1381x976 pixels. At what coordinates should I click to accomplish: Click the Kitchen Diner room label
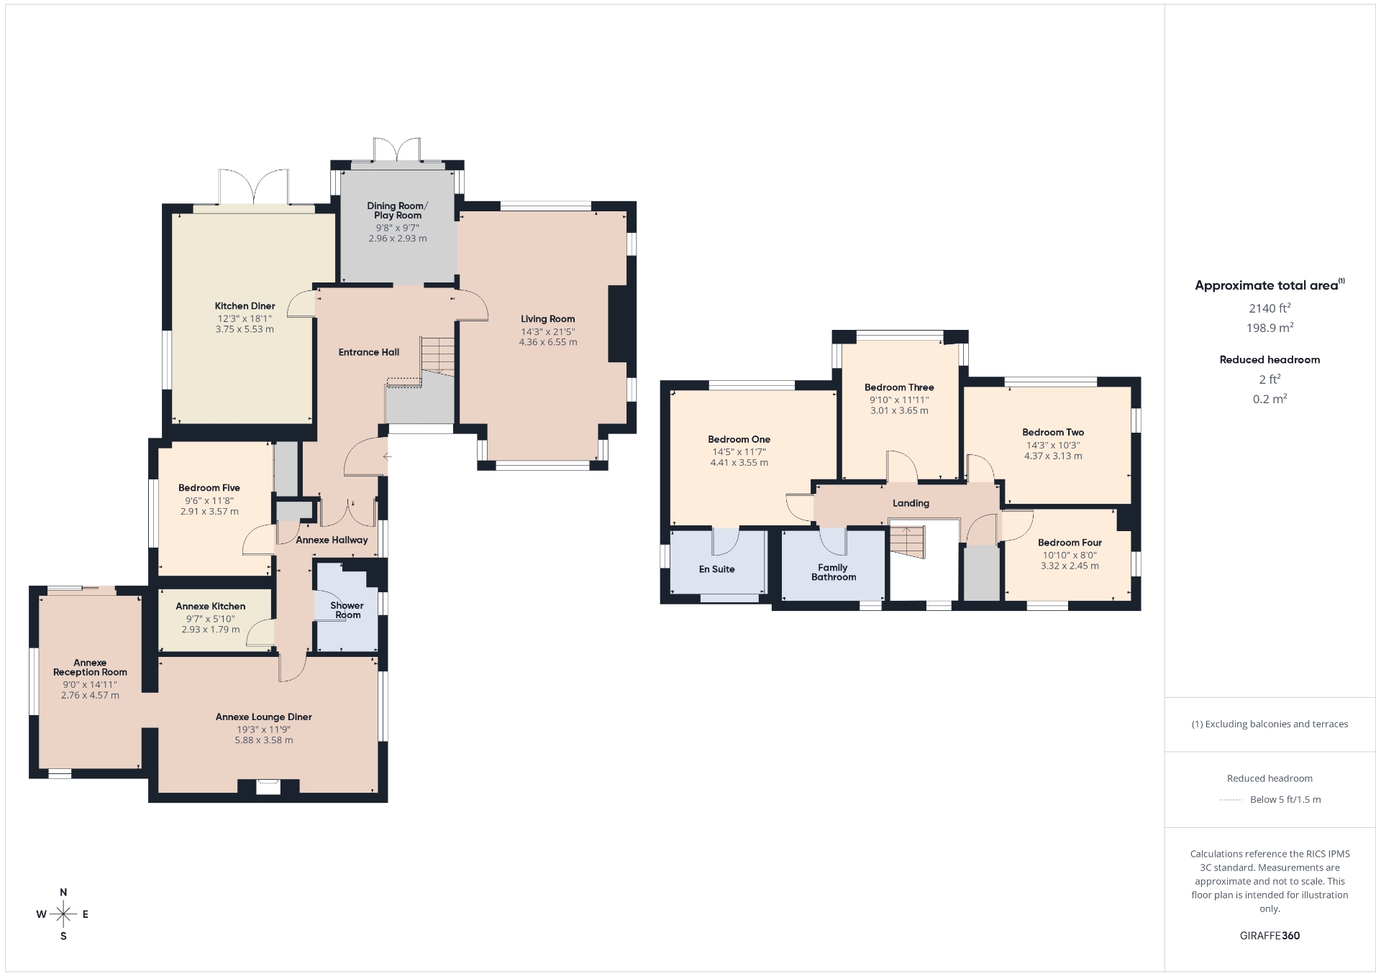[x=245, y=306]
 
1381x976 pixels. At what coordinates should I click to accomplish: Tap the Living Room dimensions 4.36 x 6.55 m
[x=548, y=342]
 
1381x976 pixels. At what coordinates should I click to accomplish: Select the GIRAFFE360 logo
[x=1270, y=936]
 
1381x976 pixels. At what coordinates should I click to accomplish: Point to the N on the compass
[x=63, y=893]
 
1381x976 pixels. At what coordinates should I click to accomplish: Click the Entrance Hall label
[x=369, y=352]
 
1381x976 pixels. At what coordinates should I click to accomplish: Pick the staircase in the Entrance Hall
[x=438, y=357]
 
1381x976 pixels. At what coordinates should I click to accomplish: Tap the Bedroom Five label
[x=209, y=488]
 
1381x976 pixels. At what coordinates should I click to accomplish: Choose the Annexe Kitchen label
[x=211, y=607]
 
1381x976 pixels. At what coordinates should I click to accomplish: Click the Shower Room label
[x=347, y=610]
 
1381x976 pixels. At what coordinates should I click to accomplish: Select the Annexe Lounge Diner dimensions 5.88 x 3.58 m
[x=264, y=740]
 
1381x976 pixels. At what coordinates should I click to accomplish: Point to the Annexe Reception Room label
[x=90, y=668]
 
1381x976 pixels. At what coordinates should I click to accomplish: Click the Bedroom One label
[x=739, y=440]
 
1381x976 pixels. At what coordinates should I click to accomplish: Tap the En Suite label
[x=717, y=569]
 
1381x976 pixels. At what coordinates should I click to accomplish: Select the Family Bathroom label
[x=834, y=572]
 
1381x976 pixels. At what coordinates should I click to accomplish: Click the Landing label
[x=911, y=503]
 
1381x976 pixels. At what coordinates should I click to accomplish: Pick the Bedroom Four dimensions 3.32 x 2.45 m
[x=1070, y=566]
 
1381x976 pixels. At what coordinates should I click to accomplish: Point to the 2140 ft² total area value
[x=1270, y=308]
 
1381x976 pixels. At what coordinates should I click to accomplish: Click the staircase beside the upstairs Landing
[x=907, y=541]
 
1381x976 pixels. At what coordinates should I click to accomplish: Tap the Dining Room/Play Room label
[x=398, y=211]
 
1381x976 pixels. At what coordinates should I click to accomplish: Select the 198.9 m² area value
[x=1270, y=328]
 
